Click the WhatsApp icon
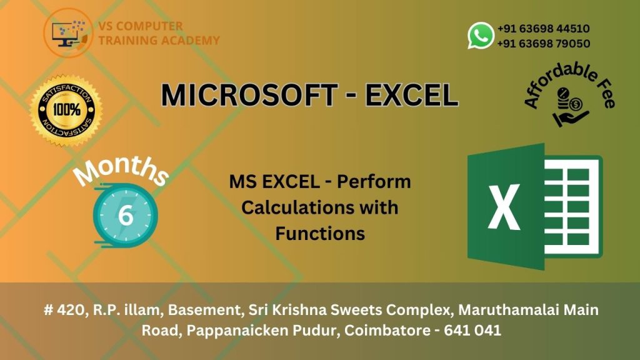[x=481, y=36]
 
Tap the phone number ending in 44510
[x=543, y=29]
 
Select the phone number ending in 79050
[x=543, y=43]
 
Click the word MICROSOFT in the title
[x=249, y=95]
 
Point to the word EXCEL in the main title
[x=411, y=95]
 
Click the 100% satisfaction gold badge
[x=66, y=110]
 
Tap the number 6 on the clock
[x=126, y=215]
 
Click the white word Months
[x=121, y=171]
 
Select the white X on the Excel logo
[x=504, y=207]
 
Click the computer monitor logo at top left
[x=68, y=33]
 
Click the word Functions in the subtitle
[x=320, y=234]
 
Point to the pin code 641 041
[x=472, y=330]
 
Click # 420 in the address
[x=65, y=310]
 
